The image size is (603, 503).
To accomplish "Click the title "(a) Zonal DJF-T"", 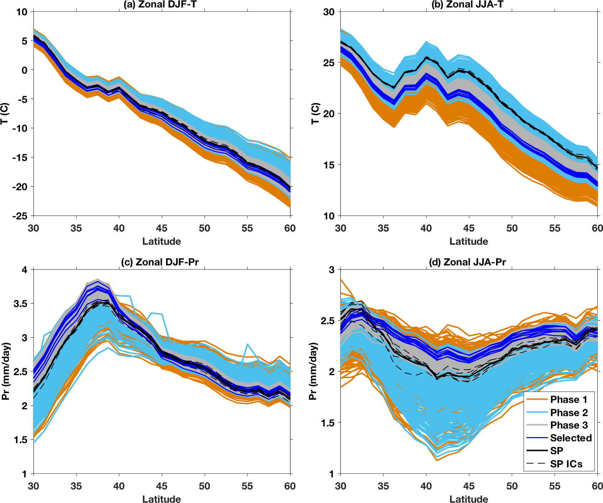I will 160,5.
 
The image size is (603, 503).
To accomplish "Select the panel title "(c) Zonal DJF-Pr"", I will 160,262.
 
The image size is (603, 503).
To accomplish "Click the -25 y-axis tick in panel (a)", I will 20,216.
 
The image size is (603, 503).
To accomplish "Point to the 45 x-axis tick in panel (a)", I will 162,228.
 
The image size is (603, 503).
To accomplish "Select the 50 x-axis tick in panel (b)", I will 512,228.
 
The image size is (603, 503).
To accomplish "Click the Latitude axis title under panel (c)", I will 162,499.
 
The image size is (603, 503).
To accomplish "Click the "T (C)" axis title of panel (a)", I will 5,114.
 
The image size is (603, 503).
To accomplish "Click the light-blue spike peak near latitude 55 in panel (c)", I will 248,344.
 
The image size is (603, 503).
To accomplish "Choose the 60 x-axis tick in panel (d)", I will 597,486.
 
